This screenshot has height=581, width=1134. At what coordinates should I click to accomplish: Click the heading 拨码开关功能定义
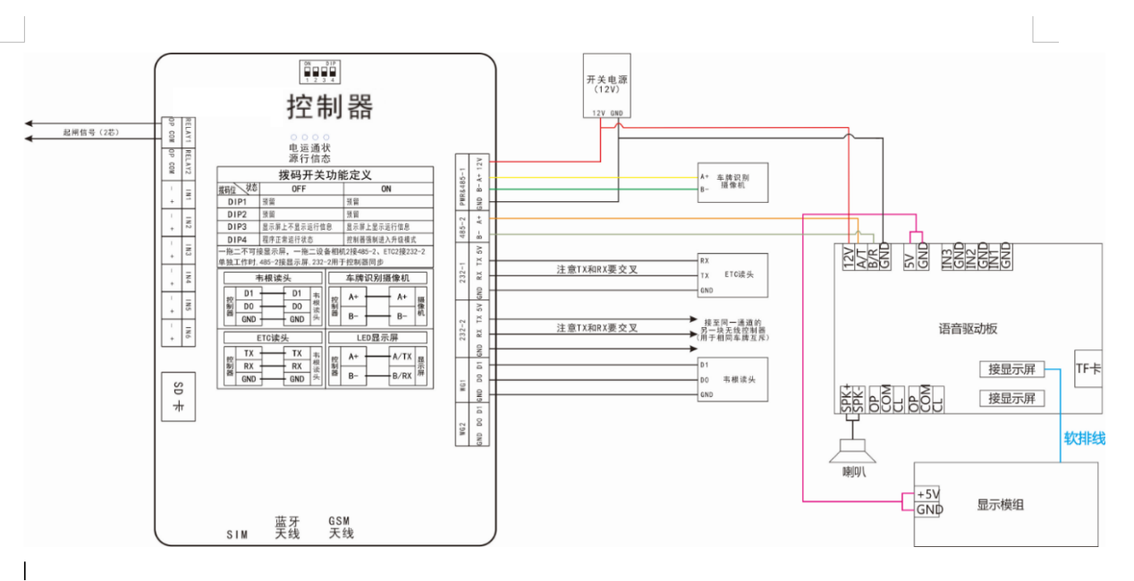(325, 174)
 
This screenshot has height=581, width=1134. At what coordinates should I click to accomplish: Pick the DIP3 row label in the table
(237, 227)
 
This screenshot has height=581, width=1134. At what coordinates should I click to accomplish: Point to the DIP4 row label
(237, 240)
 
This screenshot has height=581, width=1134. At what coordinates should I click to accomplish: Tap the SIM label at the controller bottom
(236, 535)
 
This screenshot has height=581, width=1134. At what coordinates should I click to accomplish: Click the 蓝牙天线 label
(288, 527)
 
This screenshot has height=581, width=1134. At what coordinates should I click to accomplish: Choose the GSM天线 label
(341, 527)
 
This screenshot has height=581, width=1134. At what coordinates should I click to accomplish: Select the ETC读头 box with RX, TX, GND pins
(732, 275)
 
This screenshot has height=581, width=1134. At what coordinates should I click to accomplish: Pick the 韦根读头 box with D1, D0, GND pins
(732, 379)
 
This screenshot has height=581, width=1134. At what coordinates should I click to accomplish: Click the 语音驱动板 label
(961, 329)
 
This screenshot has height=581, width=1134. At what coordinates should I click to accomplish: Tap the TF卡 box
(1087, 368)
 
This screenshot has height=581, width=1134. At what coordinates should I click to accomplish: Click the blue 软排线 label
(1083, 438)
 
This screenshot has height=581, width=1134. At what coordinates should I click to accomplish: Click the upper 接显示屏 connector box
(1011, 369)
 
